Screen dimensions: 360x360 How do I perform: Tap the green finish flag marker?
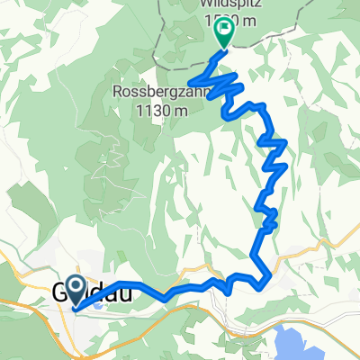pyautogui.click(x=222, y=33)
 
